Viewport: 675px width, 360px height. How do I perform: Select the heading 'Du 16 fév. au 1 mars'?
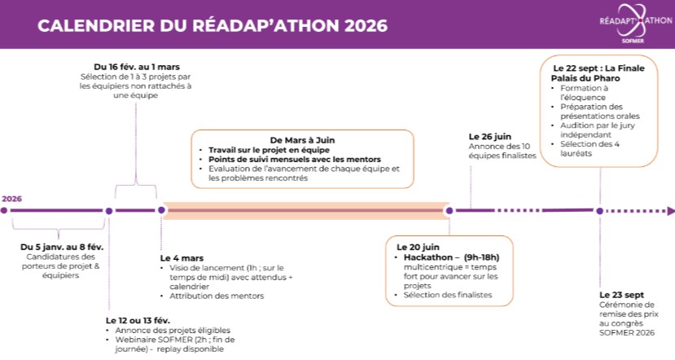(136, 65)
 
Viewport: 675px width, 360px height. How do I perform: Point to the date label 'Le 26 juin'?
(490, 135)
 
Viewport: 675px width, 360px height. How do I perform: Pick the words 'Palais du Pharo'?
(585, 78)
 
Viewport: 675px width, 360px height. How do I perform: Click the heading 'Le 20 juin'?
(418, 246)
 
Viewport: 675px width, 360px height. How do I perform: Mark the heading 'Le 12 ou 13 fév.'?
(139, 320)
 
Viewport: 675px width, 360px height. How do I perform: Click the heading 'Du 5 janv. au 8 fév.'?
(62, 246)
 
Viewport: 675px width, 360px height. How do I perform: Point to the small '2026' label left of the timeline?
(11, 198)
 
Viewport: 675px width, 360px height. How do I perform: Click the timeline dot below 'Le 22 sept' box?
(599, 210)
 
